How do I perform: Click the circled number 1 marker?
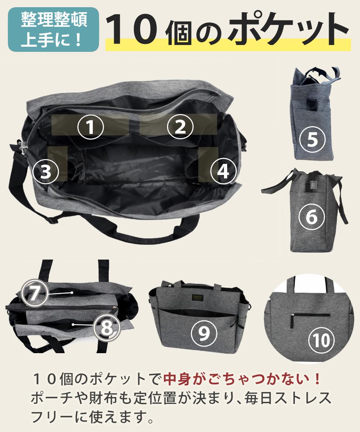click(x=90, y=127)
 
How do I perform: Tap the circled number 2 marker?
click(x=180, y=127)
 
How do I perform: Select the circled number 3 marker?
click(x=46, y=171)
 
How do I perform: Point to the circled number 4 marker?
click(x=223, y=171)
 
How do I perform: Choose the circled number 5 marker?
click(x=312, y=139)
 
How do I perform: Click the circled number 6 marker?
click(x=312, y=217)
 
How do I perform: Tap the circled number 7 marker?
click(x=35, y=293)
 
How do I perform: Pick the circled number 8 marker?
click(x=107, y=328)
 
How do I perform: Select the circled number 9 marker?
click(x=204, y=333)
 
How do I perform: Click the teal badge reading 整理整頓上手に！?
click(x=53, y=30)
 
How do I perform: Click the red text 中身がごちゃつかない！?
click(x=242, y=379)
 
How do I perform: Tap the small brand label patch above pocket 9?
click(x=198, y=297)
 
